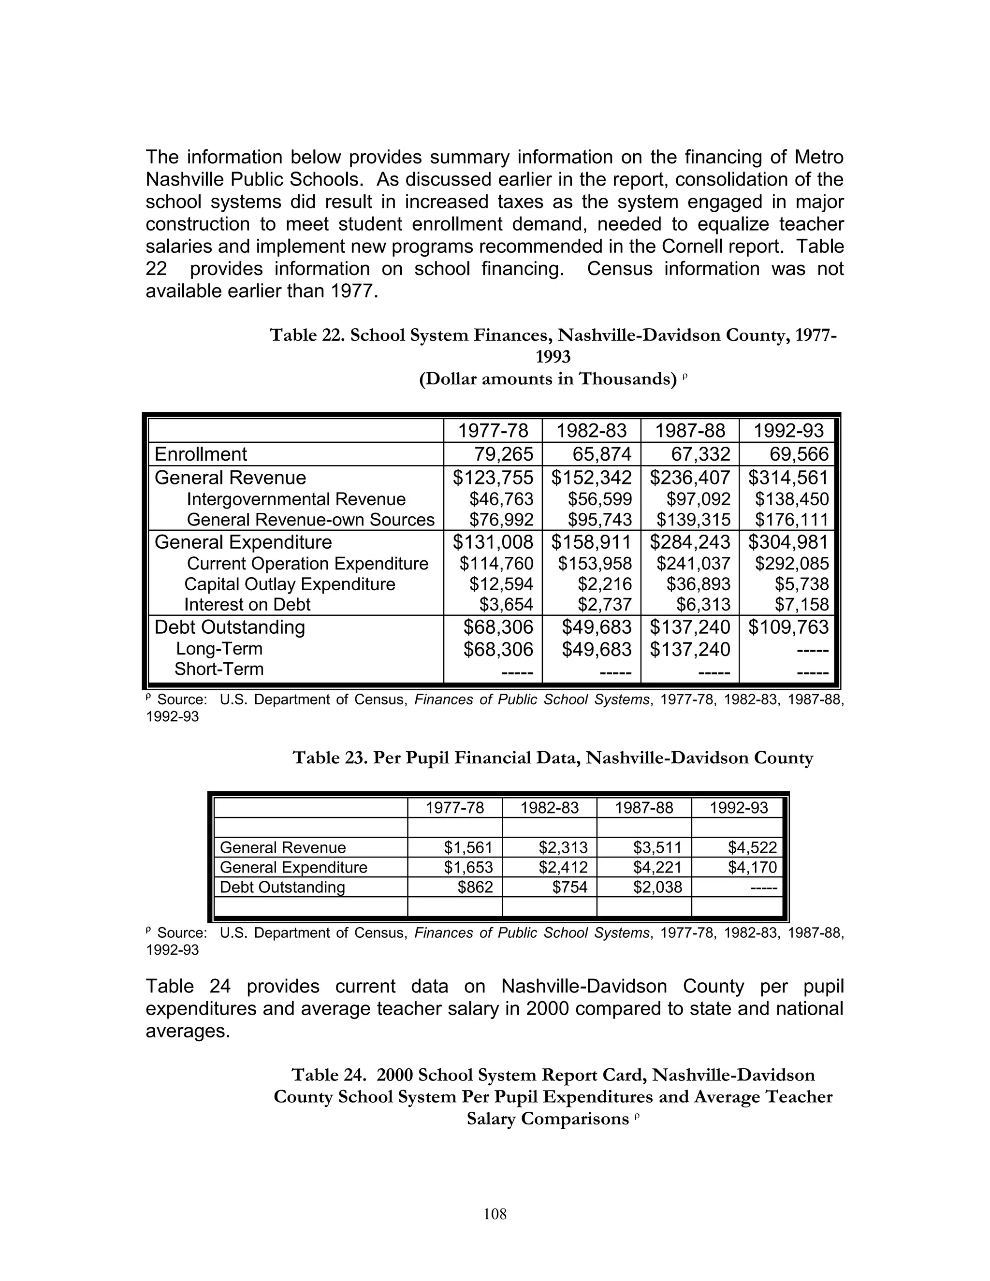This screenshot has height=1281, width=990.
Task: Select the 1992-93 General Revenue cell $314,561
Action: click(x=788, y=478)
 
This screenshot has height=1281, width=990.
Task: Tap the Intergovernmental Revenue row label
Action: click(x=296, y=499)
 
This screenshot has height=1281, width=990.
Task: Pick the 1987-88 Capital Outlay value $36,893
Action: click(x=698, y=584)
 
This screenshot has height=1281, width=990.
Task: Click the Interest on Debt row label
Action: click(x=247, y=604)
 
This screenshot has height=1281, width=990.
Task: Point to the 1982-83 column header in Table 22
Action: click(x=591, y=431)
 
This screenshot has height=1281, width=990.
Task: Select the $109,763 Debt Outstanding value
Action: click(x=788, y=627)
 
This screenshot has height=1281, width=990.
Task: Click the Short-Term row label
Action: click(x=219, y=669)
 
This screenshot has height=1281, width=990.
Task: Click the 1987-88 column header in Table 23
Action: click(x=643, y=808)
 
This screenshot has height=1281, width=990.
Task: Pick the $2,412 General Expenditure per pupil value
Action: click(x=563, y=867)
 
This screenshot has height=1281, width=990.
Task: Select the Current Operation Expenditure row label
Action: click(x=307, y=564)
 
